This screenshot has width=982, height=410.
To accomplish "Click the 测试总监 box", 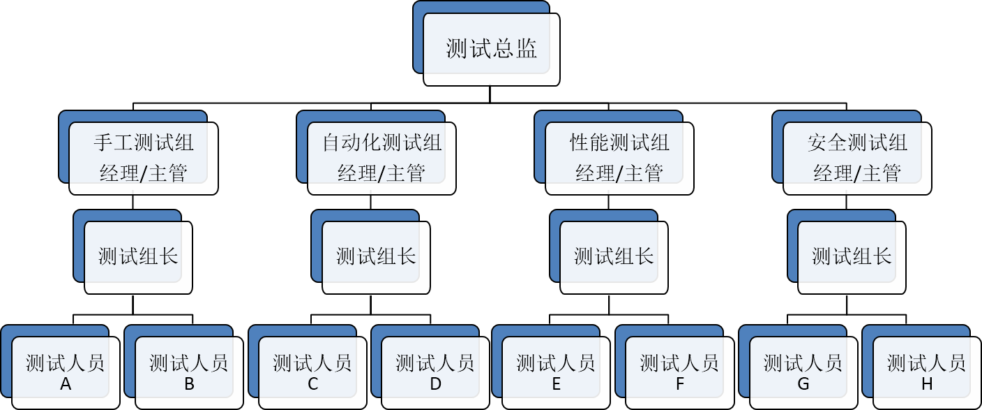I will click(x=492, y=50).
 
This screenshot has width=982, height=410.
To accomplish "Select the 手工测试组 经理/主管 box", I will click(x=143, y=159).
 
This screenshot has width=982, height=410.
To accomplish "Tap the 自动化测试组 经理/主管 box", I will click(x=382, y=159).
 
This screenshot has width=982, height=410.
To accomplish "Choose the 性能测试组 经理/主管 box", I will click(x=619, y=159).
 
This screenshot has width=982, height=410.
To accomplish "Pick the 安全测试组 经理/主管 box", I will click(x=857, y=159).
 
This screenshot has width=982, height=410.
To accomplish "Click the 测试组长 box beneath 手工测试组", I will click(x=138, y=257).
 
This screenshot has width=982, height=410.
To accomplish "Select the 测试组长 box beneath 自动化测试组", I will click(x=376, y=257).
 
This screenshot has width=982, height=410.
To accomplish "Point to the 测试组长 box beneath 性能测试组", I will click(x=614, y=257).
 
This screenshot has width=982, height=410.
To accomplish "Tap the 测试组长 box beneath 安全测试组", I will click(x=852, y=257).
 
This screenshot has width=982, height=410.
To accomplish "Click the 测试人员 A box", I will click(x=66, y=372).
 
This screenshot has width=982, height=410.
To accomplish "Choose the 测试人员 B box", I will click(x=189, y=372).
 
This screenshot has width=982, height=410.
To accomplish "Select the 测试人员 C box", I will click(x=312, y=372).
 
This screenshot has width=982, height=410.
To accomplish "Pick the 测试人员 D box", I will click(x=435, y=372).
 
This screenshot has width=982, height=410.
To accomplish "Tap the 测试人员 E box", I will click(x=556, y=372).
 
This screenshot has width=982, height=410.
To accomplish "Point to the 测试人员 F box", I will click(x=679, y=372).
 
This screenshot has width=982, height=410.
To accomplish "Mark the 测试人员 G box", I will click(x=803, y=372).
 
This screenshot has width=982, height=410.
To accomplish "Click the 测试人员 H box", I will click(x=926, y=372).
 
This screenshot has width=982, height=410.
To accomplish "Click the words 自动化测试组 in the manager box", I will click(x=382, y=143).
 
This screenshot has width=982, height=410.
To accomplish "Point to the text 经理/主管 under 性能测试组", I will click(x=619, y=173).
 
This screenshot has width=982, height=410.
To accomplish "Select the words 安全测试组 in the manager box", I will click(x=857, y=143).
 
